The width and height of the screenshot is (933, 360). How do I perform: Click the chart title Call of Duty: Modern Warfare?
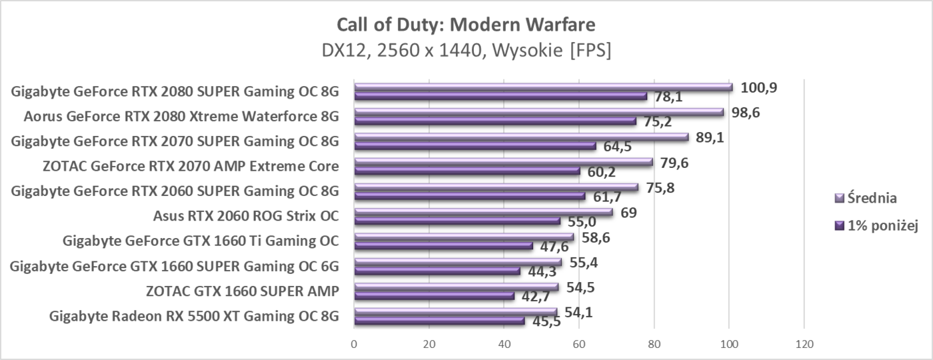466,25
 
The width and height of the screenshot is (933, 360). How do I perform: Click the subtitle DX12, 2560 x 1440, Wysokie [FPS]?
466,50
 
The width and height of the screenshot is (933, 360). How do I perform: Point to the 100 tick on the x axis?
729,345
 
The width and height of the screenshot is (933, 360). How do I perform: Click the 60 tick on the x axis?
578,345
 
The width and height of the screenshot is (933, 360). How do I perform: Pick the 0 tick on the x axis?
354,345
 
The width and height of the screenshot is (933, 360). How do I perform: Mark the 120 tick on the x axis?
804,345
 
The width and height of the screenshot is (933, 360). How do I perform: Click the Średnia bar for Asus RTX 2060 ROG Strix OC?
483,212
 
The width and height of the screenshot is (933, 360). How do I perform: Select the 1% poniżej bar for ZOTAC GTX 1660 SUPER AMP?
434,295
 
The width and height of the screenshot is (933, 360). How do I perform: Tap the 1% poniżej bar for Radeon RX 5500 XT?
439,321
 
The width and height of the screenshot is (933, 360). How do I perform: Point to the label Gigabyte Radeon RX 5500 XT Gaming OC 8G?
194,315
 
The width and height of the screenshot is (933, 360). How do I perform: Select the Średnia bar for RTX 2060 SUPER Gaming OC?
496,187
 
